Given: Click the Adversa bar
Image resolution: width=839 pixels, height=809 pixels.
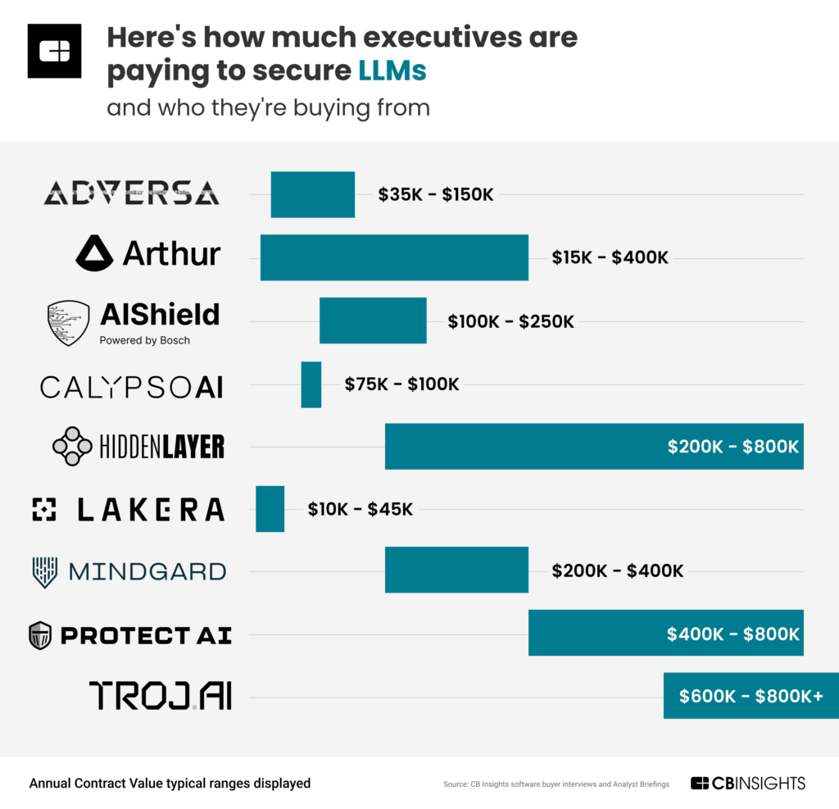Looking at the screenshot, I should [312, 194].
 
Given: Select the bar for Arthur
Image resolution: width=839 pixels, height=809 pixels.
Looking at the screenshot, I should [394, 257].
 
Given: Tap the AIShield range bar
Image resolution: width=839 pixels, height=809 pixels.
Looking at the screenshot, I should [373, 320].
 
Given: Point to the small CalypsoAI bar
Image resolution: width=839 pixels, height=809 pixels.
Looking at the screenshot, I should [311, 384].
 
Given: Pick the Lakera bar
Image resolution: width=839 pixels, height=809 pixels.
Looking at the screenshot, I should [270, 509].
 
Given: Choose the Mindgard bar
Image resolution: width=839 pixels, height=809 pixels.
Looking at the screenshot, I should [456, 570].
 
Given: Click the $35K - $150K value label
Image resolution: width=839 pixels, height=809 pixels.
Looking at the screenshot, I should [436, 195].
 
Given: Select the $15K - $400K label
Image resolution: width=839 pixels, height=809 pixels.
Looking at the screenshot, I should [610, 257].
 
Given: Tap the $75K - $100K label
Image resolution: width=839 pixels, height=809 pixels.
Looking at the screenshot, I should [402, 384].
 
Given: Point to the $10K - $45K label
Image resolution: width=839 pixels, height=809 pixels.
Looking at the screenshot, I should [361, 509].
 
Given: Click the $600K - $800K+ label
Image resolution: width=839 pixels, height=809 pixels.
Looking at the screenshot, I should [751, 696].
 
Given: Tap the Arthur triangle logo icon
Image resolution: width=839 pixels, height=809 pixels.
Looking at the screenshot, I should [94, 254].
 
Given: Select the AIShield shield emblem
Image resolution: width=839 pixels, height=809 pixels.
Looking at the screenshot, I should [68, 323].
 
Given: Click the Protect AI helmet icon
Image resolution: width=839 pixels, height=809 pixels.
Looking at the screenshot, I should [40, 635].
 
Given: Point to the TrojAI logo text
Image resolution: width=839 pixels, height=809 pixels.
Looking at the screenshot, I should [161, 696].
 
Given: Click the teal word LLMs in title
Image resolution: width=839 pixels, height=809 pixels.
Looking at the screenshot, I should [392, 71].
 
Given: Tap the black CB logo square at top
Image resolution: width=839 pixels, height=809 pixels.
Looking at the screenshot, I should [54, 51].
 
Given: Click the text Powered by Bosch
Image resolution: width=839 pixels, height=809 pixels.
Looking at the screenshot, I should [144, 340].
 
